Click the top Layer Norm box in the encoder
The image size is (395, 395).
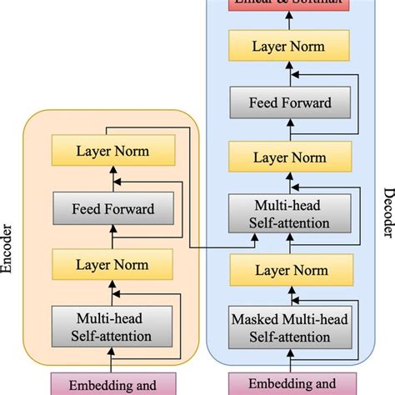click(x=113, y=152)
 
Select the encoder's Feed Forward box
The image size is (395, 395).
click(x=113, y=209)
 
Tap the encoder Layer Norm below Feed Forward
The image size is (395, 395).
click(x=113, y=264)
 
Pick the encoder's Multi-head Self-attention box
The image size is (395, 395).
click(x=113, y=327)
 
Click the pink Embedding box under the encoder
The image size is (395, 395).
click(x=113, y=385)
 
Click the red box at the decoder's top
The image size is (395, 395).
click(x=287, y=6)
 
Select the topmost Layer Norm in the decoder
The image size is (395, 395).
click(x=287, y=47)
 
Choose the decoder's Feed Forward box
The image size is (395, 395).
click(x=287, y=103)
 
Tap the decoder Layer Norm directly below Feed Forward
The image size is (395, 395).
click(x=287, y=157)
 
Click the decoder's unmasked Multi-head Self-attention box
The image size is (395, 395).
click(x=287, y=214)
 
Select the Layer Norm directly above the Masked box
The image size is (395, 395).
click(x=287, y=270)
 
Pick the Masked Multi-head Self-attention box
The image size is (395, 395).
click(x=287, y=327)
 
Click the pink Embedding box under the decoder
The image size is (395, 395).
click(x=287, y=385)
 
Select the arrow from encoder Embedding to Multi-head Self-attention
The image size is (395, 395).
click(x=113, y=360)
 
